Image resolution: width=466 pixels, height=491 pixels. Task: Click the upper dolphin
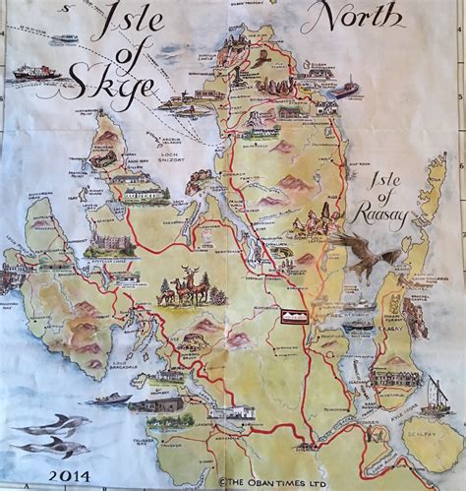coord(51,424)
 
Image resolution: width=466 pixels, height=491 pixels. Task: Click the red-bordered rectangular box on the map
coord(294,316)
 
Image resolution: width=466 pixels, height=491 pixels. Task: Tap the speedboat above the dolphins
coord(113,399)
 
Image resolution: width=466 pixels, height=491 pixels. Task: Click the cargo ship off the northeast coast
coord(346,90)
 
